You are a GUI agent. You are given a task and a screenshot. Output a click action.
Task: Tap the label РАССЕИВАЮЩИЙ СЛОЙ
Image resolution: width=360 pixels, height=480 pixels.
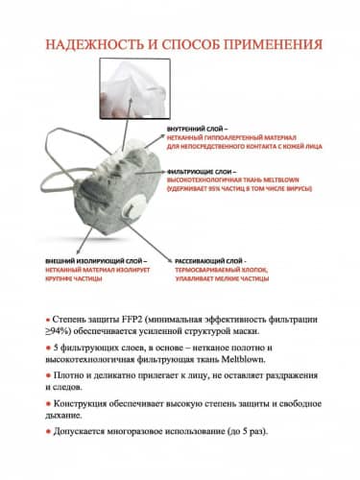(208, 261)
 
